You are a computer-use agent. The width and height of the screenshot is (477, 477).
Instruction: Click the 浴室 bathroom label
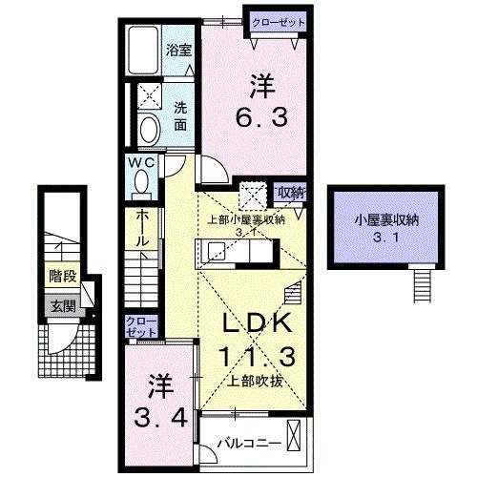pyautogui.click(x=178, y=51)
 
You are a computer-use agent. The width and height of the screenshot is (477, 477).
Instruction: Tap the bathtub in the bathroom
pyautogui.click(x=143, y=51)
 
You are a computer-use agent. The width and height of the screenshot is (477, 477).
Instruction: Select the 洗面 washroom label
pyautogui.click(x=180, y=116)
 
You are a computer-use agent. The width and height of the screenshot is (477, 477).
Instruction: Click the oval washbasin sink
pyautogui.click(x=150, y=130)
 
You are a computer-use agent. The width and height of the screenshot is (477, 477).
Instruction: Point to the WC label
pyautogui.click(x=141, y=163)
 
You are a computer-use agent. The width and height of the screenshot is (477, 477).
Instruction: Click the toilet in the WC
pyautogui.click(x=141, y=182)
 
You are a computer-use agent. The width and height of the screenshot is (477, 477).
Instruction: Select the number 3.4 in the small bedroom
pyautogui.click(x=161, y=418)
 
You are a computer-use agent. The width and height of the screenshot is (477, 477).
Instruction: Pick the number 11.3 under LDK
pyautogui.click(x=258, y=356)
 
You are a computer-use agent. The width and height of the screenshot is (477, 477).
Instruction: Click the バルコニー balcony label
pyautogui.click(x=249, y=444)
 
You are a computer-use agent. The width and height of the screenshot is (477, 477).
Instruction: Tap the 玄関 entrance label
pyautogui.click(x=64, y=306)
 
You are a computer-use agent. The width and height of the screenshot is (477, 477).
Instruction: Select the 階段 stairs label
pyautogui.click(x=63, y=277)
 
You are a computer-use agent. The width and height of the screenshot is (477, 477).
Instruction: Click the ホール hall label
pyautogui.click(x=142, y=228)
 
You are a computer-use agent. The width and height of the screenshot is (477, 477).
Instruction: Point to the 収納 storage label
pyautogui.click(x=291, y=193)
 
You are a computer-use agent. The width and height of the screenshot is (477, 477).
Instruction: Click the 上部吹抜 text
pyautogui.click(x=255, y=381)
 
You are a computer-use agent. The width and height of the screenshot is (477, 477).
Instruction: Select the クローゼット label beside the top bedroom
pyautogui.click(x=279, y=23)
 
